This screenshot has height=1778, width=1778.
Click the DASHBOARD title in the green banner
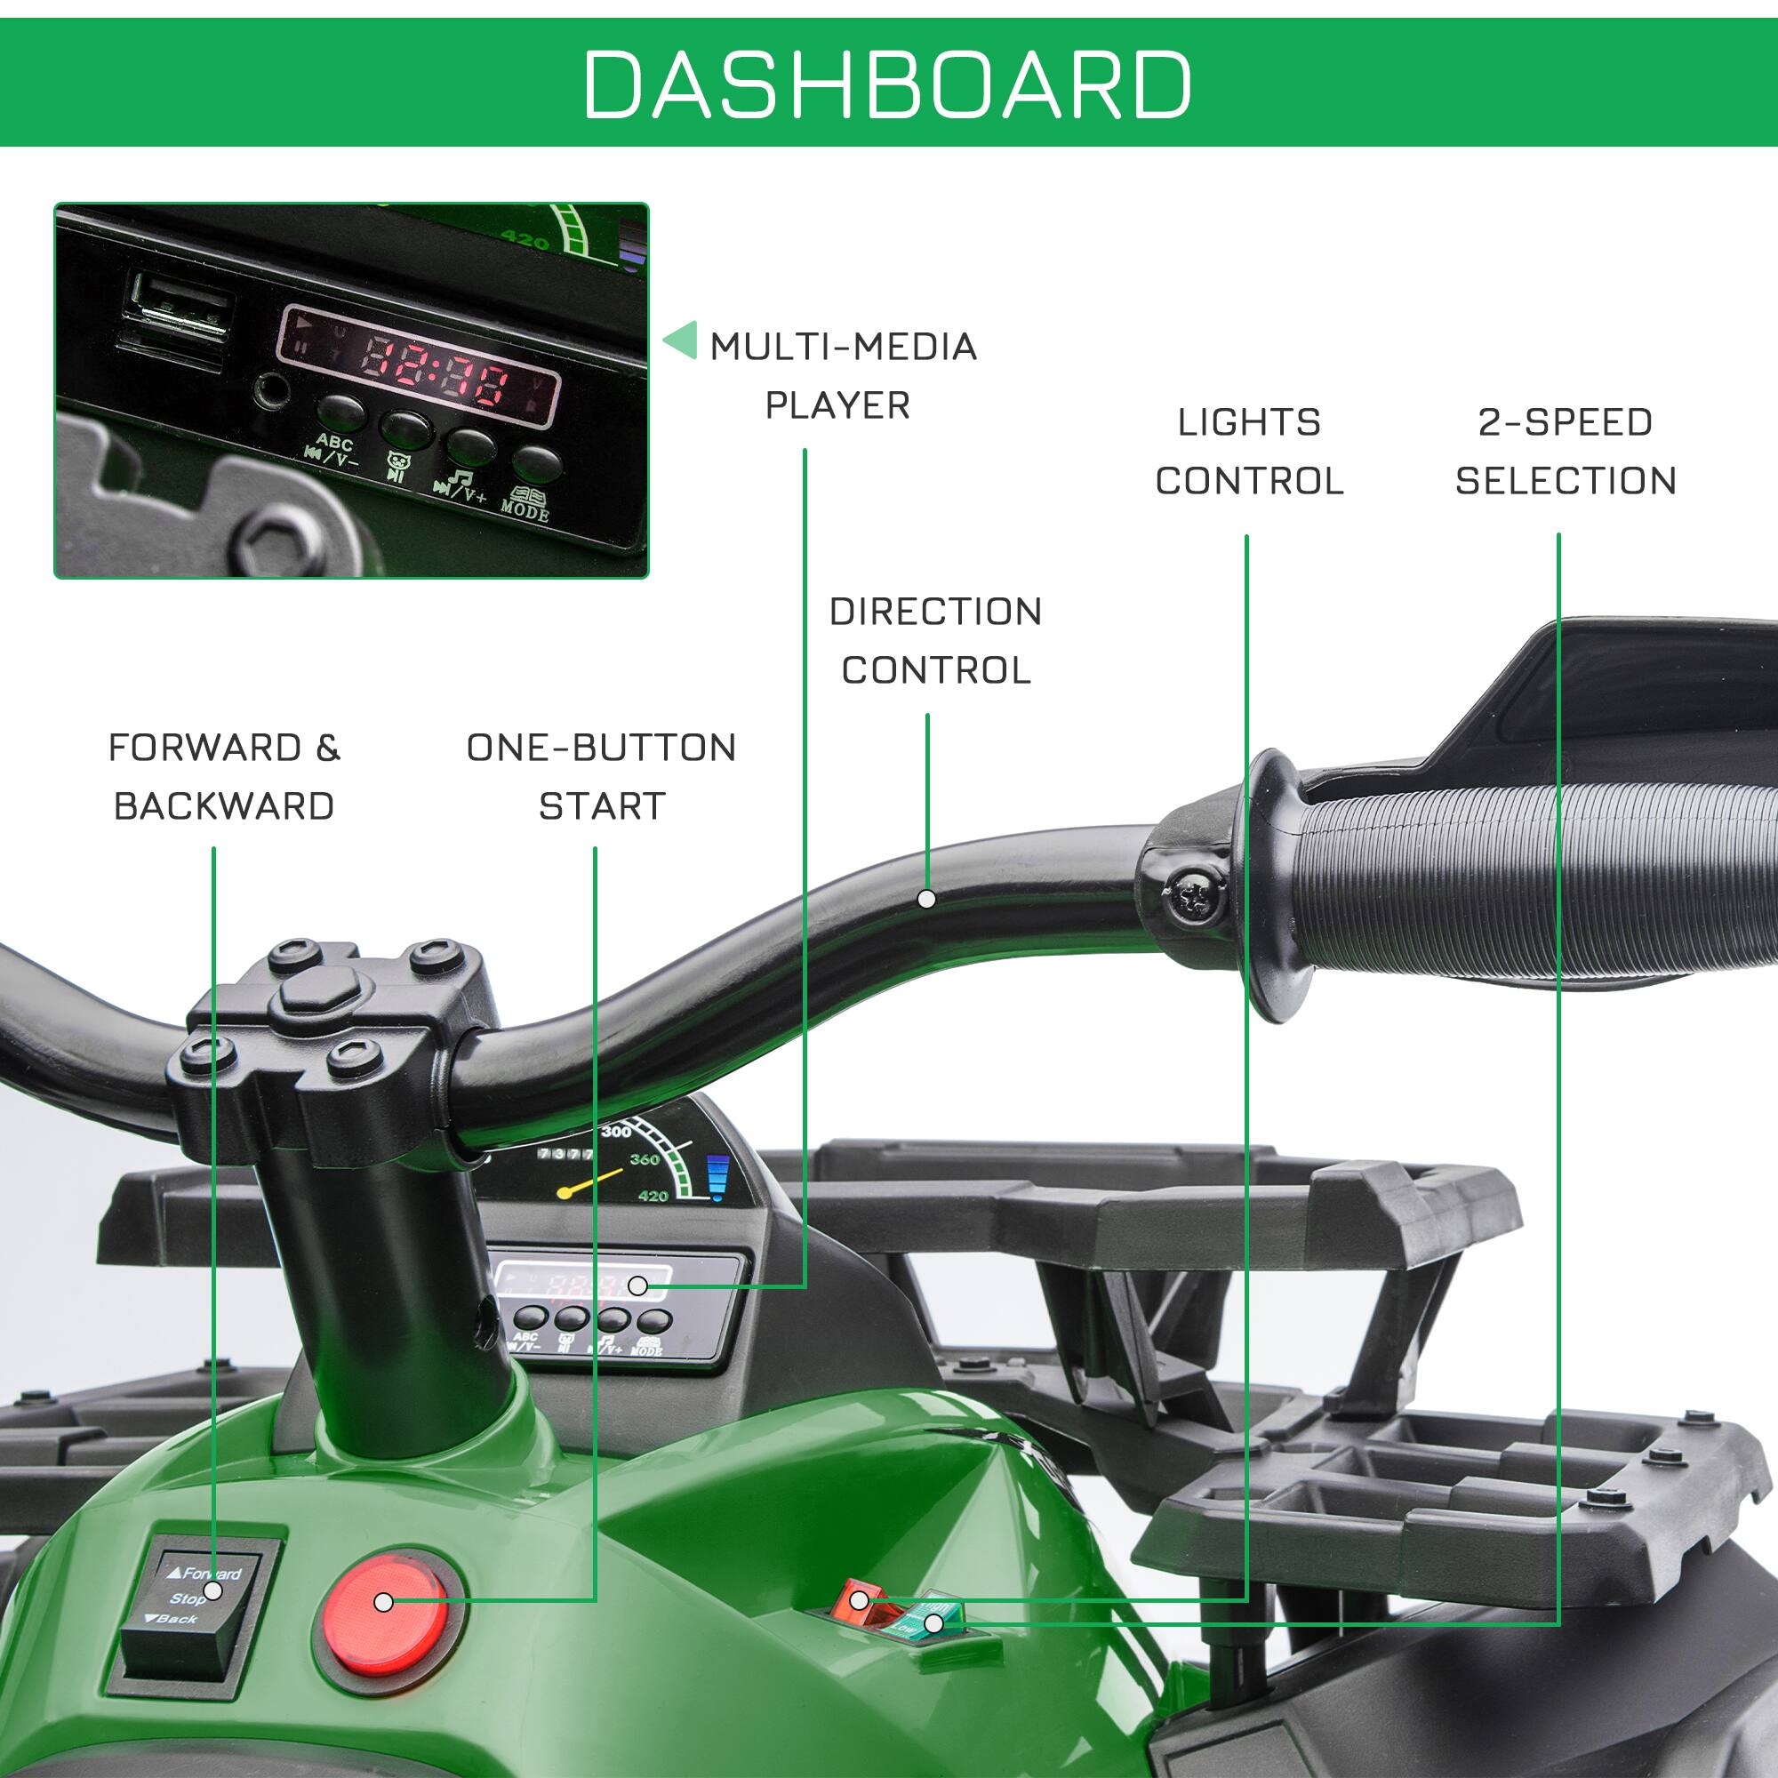coord(887,84)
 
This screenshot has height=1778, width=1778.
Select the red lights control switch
coord(856,1600)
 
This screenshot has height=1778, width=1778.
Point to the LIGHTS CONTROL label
coord(1249,452)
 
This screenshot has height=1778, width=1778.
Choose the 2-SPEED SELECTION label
coord(1566,452)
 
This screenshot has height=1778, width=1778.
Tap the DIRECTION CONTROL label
coord(935,640)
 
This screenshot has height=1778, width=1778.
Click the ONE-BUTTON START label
coord(601,777)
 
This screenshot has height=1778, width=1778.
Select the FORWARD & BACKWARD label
coord(224,777)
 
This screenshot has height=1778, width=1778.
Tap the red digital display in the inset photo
coord(419,366)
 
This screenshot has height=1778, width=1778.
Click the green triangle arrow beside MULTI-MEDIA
coord(682,340)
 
